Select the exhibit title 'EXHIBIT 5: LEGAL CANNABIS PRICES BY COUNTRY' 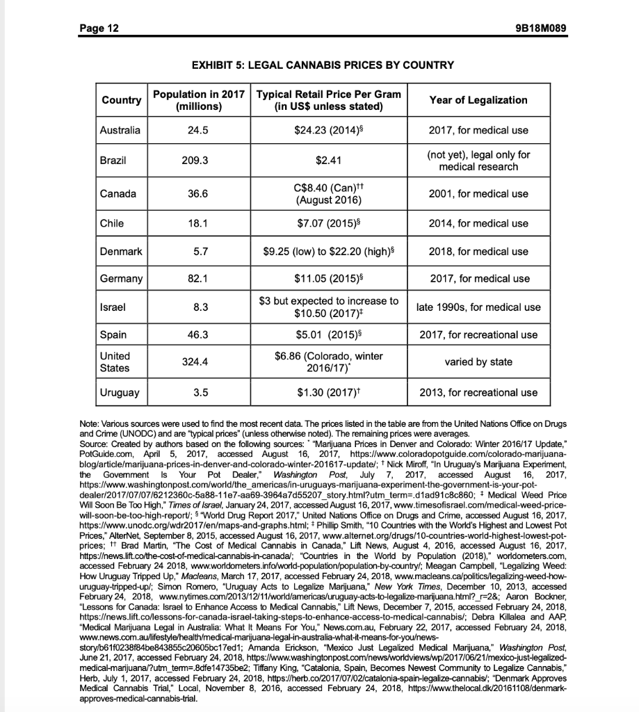point(319,65)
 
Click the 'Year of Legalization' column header point(478,100)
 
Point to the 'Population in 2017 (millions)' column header point(199,100)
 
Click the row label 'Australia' point(120,130)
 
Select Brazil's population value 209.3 point(199,161)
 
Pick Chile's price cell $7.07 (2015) point(329,223)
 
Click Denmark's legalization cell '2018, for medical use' point(478,251)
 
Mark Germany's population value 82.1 point(199,278)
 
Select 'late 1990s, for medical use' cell point(478,307)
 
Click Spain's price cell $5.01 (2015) point(329,334)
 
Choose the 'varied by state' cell point(478,362)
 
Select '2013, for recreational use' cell point(478,392)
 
